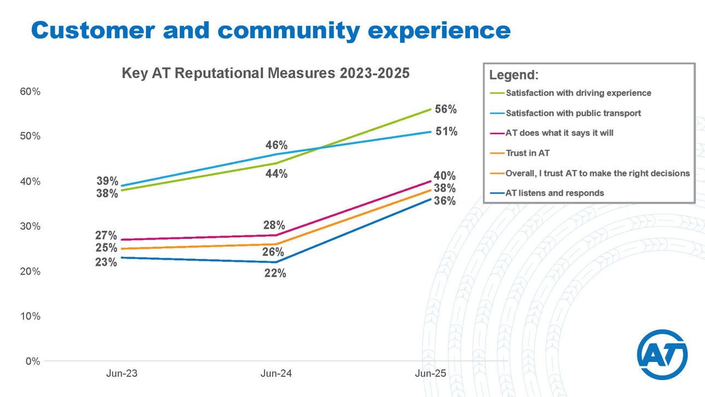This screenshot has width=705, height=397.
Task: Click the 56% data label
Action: [x=445, y=109]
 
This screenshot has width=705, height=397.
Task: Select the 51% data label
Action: [x=446, y=132]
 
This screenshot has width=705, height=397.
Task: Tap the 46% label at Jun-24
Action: [x=277, y=145]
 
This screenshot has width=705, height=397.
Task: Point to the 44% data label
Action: [x=277, y=174]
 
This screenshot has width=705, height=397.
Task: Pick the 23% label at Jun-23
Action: [x=106, y=262]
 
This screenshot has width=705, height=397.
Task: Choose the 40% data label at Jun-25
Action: [x=445, y=176]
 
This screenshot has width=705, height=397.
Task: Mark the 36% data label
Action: [x=445, y=201]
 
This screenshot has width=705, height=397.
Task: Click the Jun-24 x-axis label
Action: [x=276, y=374]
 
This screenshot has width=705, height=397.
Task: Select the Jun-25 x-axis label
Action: [x=431, y=374]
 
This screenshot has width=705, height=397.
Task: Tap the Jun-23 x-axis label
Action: [x=121, y=374]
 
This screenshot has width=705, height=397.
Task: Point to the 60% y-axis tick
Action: [x=31, y=91]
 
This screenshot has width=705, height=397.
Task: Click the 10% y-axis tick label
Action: [x=31, y=316]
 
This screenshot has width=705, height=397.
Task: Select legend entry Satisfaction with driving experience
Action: [x=578, y=93]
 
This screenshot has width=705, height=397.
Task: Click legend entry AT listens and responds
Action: [x=554, y=192]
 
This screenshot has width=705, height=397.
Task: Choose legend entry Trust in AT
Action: [x=527, y=153]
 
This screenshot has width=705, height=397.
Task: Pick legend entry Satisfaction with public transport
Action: [x=573, y=113]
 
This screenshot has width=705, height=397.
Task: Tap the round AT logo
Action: [x=662, y=355]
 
